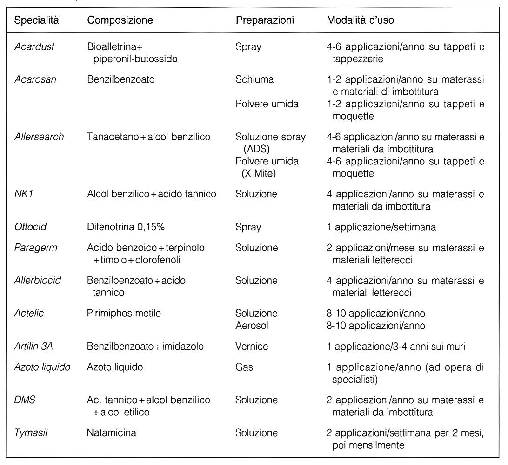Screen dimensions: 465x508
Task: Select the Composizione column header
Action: click(x=120, y=21)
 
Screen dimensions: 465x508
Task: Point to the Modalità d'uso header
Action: click(x=362, y=21)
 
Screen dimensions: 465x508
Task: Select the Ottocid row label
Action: click(x=31, y=227)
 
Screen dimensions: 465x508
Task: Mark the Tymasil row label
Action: click(x=31, y=432)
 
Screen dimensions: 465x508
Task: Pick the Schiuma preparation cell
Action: click(x=254, y=79)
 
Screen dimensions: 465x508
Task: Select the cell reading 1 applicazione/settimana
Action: click(x=381, y=227)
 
